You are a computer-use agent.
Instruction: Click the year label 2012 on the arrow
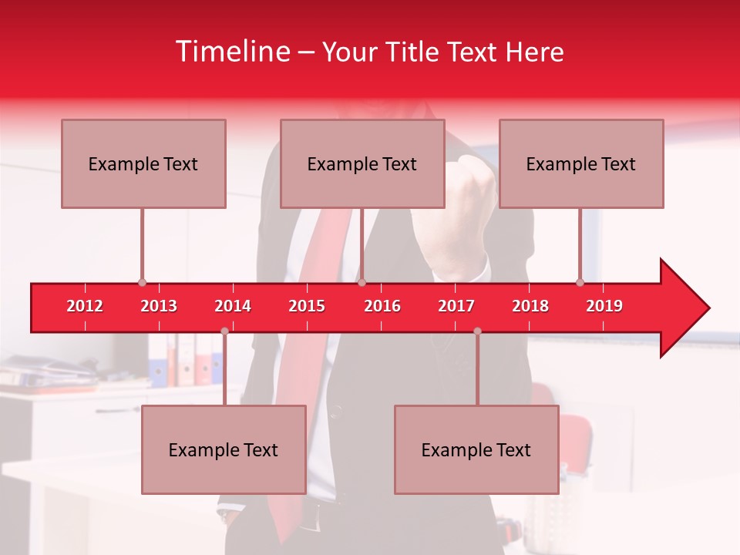tap(85, 306)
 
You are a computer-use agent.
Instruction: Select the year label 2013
tap(159, 306)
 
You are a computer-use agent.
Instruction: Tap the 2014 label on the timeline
tap(233, 306)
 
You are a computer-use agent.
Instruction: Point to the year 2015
tap(307, 306)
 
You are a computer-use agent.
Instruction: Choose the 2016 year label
tap(382, 306)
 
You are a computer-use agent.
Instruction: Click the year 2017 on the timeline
tap(456, 306)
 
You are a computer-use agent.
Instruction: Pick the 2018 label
tap(530, 306)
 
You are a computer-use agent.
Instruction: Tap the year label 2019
tap(604, 306)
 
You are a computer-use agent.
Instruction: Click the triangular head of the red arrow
tap(683, 308)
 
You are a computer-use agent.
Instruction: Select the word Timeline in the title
tap(232, 52)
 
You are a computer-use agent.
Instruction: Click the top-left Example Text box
tap(143, 163)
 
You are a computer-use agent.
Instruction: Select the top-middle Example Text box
tap(362, 163)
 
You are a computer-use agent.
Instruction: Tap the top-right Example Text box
tap(581, 163)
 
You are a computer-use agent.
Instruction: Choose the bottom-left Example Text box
tap(224, 449)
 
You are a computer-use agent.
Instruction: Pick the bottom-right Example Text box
tap(476, 449)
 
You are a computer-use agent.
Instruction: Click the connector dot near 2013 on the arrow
tap(142, 283)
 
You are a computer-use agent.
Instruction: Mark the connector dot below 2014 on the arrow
tap(224, 331)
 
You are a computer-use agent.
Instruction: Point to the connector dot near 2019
tap(580, 283)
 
